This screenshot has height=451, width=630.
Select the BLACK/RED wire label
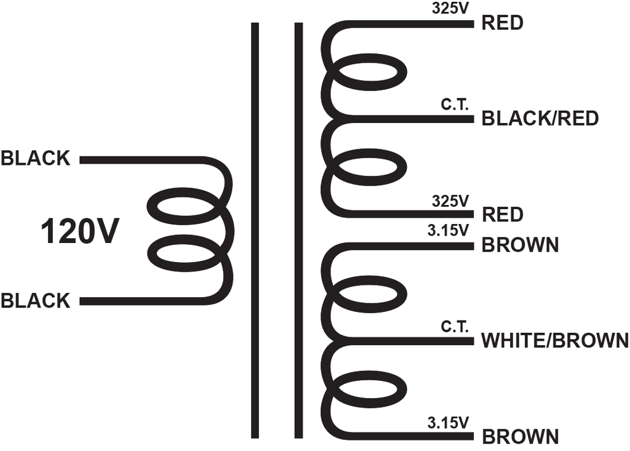tap(540, 119)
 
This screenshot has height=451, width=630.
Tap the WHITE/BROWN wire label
tap(555, 340)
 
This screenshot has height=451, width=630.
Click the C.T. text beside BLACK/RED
tap(455, 105)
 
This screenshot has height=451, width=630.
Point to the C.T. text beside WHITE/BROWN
tap(455, 327)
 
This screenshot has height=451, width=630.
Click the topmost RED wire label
tap(502, 23)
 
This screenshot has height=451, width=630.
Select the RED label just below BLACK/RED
tap(502, 215)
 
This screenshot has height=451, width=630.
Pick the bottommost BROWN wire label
tap(520, 436)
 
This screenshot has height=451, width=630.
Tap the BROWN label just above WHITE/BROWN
tap(520, 245)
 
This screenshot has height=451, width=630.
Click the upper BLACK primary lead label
tap(36, 158)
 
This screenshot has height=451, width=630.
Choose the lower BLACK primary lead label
tap(36, 301)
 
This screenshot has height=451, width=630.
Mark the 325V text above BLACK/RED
tap(450, 9)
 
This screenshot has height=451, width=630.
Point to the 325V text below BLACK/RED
tap(450, 201)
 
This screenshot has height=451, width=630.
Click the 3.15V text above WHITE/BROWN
tap(449, 231)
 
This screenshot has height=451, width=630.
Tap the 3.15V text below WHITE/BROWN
tap(449, 423)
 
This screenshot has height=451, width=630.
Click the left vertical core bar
tap(255, 230)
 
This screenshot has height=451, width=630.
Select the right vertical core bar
tap(298, 230)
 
